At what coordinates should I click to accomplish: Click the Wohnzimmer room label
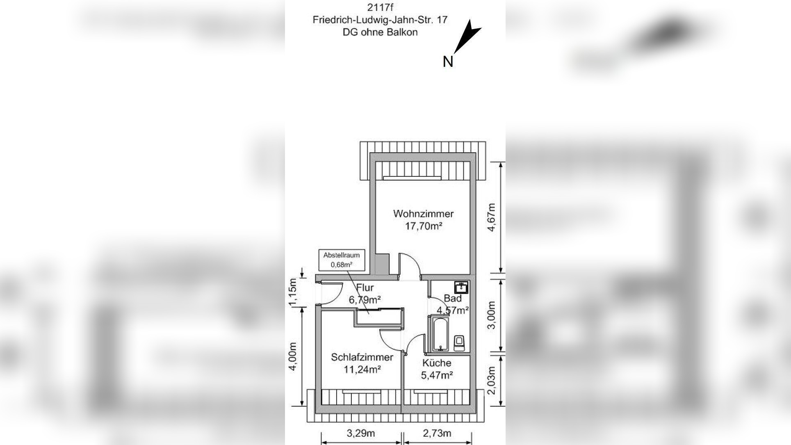(x=423, y=214)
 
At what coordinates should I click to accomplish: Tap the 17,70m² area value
(x=424, y=226)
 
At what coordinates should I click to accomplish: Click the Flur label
(x=365, y=287)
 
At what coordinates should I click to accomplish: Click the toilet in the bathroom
(x=460, y=342)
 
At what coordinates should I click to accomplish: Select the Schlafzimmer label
(x=362, y=357)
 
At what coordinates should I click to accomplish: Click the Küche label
(x=437, y=363)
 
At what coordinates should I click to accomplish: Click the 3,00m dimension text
(x=492, y=315)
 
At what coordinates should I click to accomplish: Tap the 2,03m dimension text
(x=492, y=380)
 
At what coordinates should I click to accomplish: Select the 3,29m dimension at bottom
(x=361, y=433)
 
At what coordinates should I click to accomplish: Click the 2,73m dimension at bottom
(x=437, y=433)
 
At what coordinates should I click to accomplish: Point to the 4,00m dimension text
(x=293, y=356)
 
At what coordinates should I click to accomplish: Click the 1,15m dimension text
(x=293, y=292)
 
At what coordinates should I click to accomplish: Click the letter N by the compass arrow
(x=448, y=62)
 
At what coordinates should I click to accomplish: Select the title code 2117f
(x=380, y=7)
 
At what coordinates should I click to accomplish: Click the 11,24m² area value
(x=362, y=370)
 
